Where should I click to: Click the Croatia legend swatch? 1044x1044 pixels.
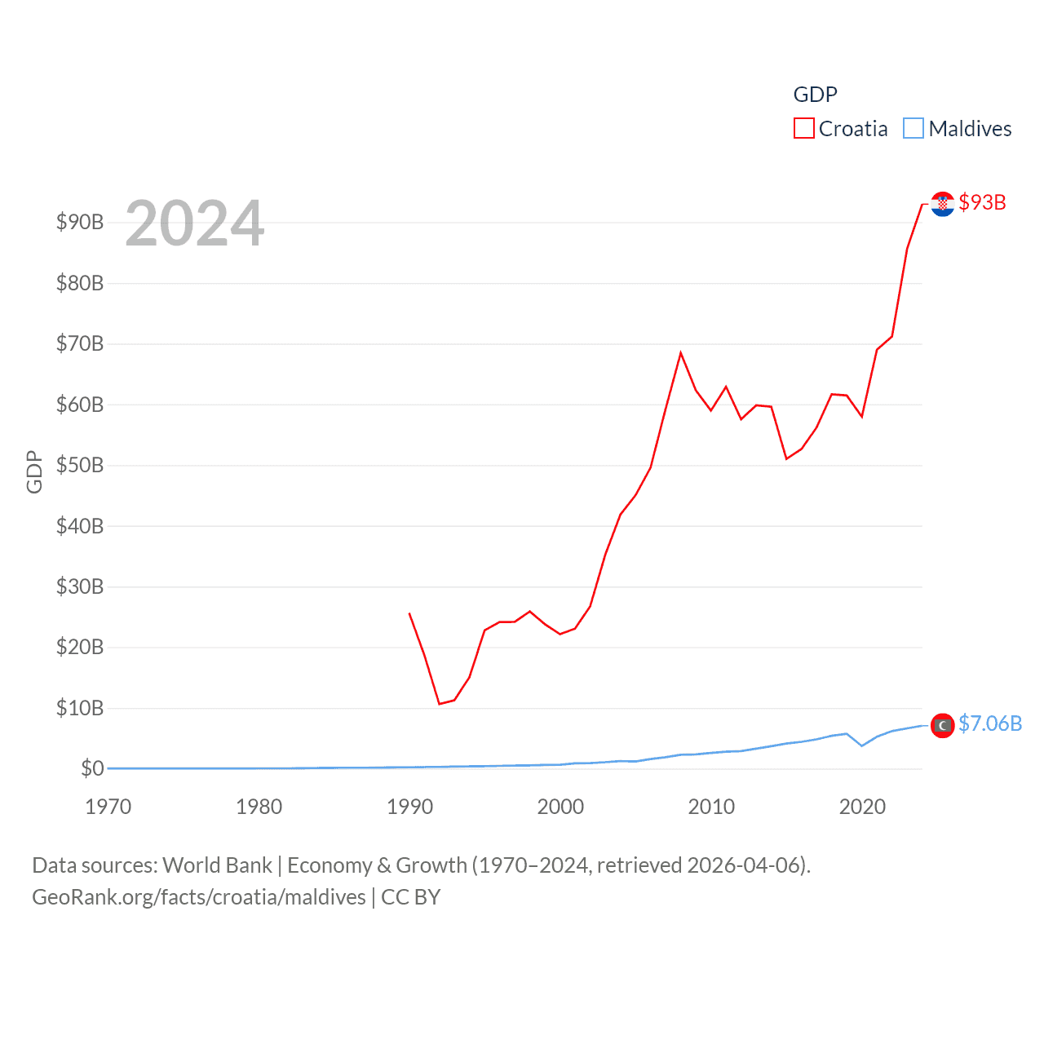pos(803,129)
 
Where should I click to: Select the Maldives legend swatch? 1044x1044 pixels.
pos(913,129)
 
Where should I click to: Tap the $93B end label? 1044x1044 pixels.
pos(982,202)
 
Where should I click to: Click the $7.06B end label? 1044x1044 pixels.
pos(990,723)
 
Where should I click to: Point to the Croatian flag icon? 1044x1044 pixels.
pos(943,204)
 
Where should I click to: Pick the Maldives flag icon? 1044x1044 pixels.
pos(943,725)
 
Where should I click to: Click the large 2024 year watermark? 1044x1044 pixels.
pos(194,223)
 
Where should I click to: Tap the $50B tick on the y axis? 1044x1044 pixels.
pos(80,465)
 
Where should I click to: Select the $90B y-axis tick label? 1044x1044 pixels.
pos(80,222)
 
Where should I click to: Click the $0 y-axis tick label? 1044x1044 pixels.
pos(92,768)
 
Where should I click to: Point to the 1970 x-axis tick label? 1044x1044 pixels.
pos(108,807)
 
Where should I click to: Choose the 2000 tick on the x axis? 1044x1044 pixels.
pos(560,807)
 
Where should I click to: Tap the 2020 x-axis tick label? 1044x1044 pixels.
pos(862,807)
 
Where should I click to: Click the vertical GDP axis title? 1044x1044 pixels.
pos(34,471)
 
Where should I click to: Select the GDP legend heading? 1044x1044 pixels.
pos(815,95)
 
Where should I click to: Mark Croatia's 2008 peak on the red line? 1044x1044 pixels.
pos(680,353)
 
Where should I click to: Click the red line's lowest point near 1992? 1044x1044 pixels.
pos(440,703)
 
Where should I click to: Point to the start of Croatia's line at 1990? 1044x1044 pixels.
pos(409,613)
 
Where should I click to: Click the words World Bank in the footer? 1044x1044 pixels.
pos(217,865)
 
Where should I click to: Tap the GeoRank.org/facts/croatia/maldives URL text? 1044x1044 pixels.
pos(199,897)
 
